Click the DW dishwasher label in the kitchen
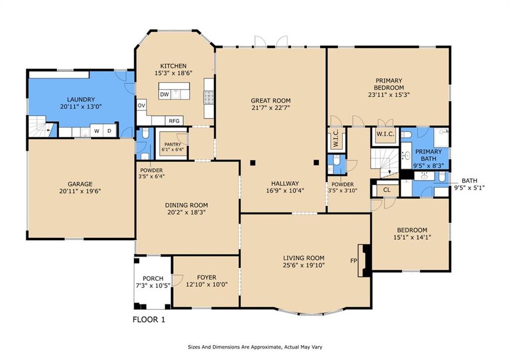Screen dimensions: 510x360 [x=164, y=95]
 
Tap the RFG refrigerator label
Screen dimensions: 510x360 [x=174, y=121]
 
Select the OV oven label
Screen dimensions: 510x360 [x=141, y=106]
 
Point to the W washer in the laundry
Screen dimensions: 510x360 [x=97, y=131]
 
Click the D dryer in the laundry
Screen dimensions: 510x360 [x=110, y=131]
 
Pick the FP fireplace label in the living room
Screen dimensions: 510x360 [x=354, y=261]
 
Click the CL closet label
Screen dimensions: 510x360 [x=386, y=190]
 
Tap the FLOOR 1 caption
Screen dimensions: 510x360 [x=149, y=320]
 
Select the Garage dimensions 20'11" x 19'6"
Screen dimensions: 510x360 [x=80, y=191]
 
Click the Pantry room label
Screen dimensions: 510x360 [x=172, y=144]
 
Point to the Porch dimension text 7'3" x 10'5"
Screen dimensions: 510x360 [x=153, y=285]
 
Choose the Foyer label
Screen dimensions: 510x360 [x=207, y=277]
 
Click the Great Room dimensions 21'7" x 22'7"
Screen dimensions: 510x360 [x=270, y=108]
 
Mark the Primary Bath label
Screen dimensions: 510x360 [x=429, y=155]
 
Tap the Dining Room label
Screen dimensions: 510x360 [x=186, y=205]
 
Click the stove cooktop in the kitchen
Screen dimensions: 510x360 [x=209, y=97]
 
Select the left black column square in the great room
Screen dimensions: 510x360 [x=253, y=163]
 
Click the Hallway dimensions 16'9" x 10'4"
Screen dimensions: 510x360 [x=285, y=191]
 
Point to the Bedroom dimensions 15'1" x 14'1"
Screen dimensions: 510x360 [x=412, y=237]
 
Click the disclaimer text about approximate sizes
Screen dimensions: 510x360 [x=255, y=347]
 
